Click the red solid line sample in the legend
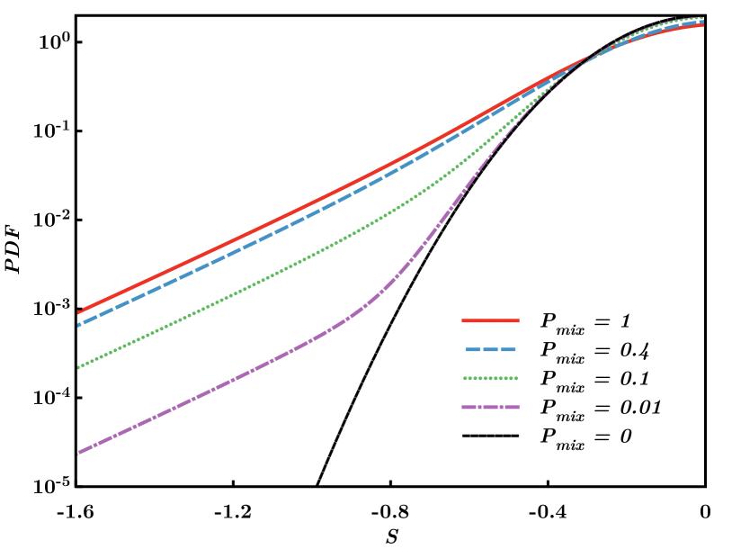click(x=490, y=320)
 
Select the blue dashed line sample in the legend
click(x=490, y=349)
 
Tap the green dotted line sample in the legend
click(x=490, y=378)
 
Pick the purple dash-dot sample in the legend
click(x=490, y=407)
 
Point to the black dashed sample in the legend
click(x=490, y=436)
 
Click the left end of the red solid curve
click(x=79, y=312)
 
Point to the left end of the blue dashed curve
click(x=79, y=325)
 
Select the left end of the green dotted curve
click(x=79, y=367)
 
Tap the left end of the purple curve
click(x=79, y=453)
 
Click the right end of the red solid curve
click(x=702, y=25)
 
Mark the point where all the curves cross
click(x=591, y=56)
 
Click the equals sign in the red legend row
click(x=603, y=320)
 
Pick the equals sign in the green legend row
click(x=603, y=378)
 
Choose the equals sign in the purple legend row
click(x=603, y=407)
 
